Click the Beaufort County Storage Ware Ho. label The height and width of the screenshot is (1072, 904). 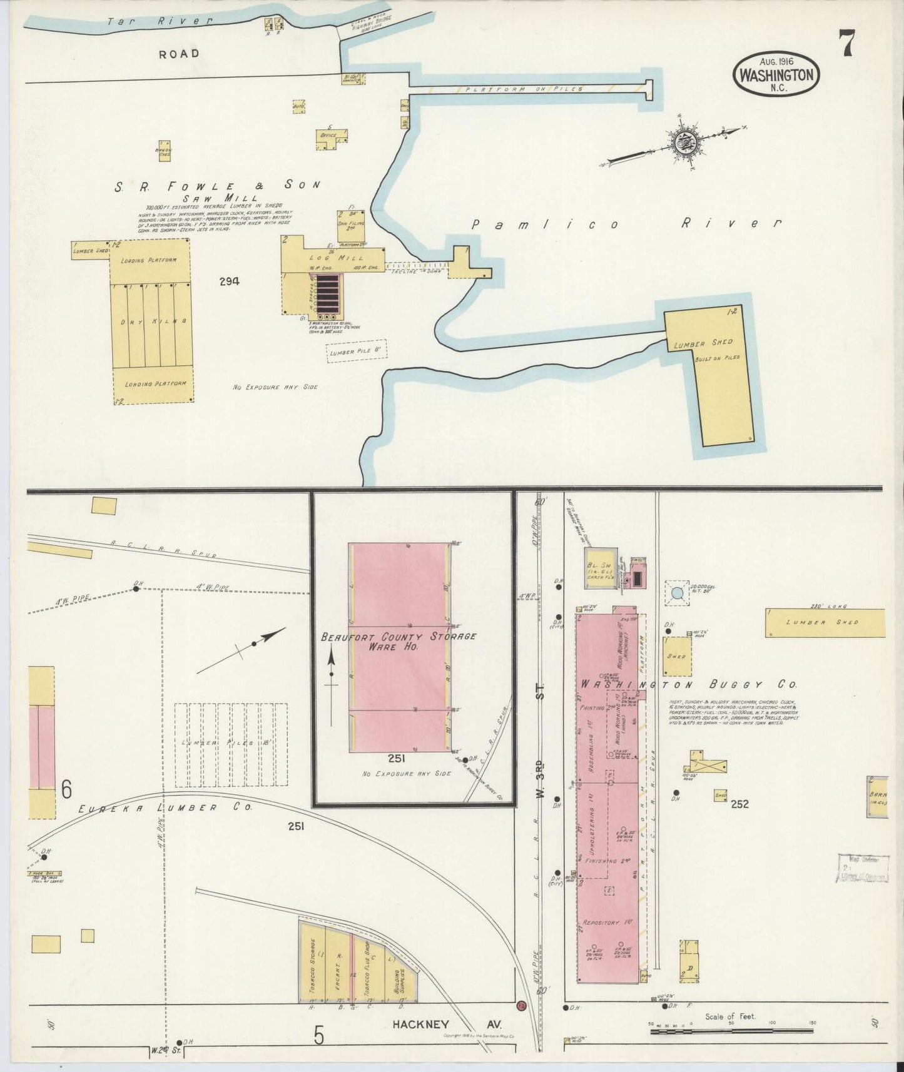click(x=399, y=641)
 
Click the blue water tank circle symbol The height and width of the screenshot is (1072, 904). click(x=676, y=592)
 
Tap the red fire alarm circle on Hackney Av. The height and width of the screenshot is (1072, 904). click(x=521, y=1007)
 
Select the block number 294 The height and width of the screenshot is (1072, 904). click(x=229, y=281)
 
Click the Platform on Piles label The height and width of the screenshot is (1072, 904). click(x=524, y=89)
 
